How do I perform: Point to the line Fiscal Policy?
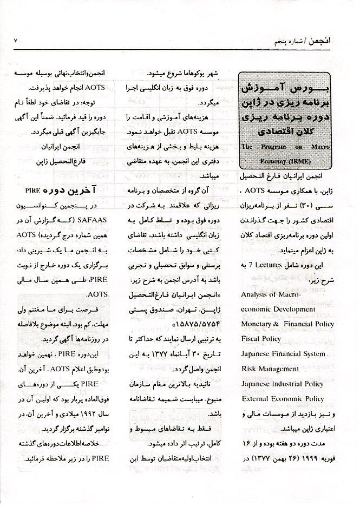261,339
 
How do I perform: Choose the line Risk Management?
270,369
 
